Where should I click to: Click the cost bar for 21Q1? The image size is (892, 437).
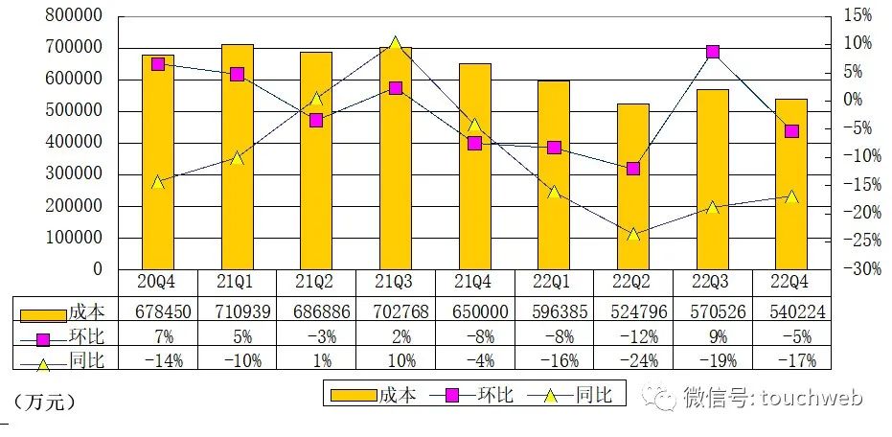point(238,158)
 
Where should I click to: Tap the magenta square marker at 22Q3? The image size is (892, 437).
point(713,52)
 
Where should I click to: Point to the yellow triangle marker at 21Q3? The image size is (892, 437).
point(396,44)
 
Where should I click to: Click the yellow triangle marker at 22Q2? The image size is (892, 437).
point(633,234)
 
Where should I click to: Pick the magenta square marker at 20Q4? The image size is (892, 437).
point(158,63)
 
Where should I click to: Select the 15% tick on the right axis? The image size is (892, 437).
point(857,16)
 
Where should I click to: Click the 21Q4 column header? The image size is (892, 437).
point(474,282)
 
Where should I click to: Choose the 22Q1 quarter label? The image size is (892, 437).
point(554,282)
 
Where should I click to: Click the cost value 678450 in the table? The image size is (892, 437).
point(157,310)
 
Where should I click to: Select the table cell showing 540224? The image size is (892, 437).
point(790,310)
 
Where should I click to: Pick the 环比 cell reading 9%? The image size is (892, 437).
point(712,335)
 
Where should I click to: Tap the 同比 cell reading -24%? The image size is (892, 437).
point(632,360)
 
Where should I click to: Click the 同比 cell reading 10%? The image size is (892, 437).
point(395,360)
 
